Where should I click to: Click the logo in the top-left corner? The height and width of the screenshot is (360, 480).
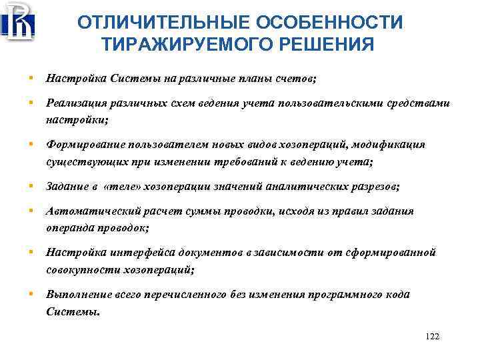pos(18,21)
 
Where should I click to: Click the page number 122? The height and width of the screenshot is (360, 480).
pos(432,336)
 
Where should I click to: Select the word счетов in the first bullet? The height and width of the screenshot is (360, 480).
pos(297,79)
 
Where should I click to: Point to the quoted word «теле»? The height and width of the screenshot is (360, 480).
pos(126,186)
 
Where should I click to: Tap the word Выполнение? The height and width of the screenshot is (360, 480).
pos(76,294)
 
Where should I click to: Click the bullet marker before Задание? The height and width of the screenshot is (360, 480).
pos(31,185)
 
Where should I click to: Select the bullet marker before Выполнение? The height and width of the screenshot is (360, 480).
pos(31,293)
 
